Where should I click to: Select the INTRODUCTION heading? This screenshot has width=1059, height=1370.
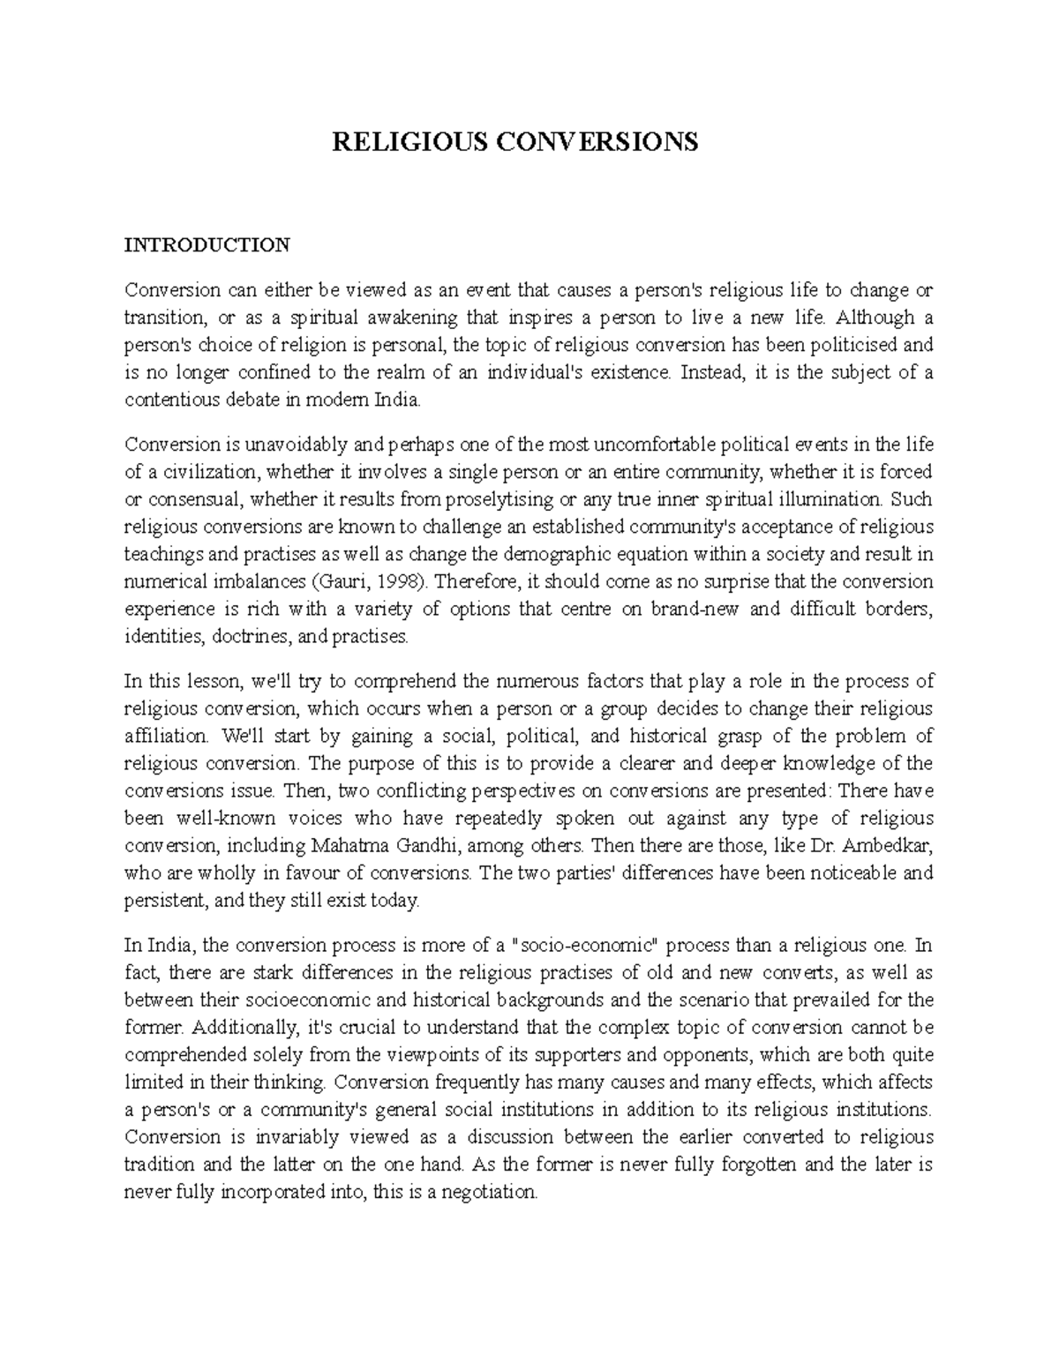[x=207, y=244]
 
